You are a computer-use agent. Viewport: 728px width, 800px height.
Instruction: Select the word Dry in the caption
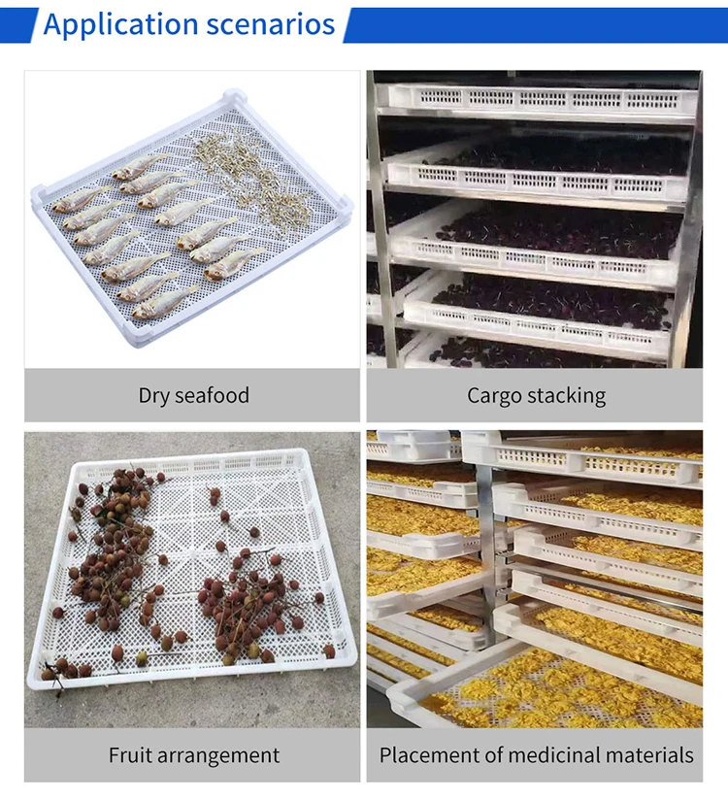click(x=155, y=395)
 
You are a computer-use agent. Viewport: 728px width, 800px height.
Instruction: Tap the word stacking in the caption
click(x=567, y=395)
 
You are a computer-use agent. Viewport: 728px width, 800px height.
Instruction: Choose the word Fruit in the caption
click(x=131, y=754)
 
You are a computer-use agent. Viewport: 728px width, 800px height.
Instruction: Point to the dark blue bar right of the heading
click(x=534, y=24)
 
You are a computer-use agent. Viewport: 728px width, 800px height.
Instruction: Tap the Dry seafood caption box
click(x=192, y=395)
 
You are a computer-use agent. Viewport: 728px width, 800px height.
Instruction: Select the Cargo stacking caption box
click(x=535, y=395)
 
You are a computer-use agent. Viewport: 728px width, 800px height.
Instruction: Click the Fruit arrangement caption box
click(x=192, y=754)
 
